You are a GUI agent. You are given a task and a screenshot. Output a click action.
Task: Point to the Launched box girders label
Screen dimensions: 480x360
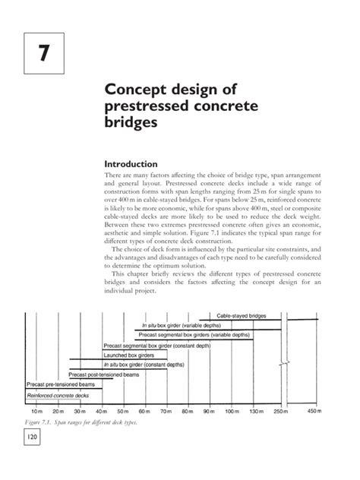(129, 355)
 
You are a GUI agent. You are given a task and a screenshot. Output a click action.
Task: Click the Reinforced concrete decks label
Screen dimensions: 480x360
(58, 396)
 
